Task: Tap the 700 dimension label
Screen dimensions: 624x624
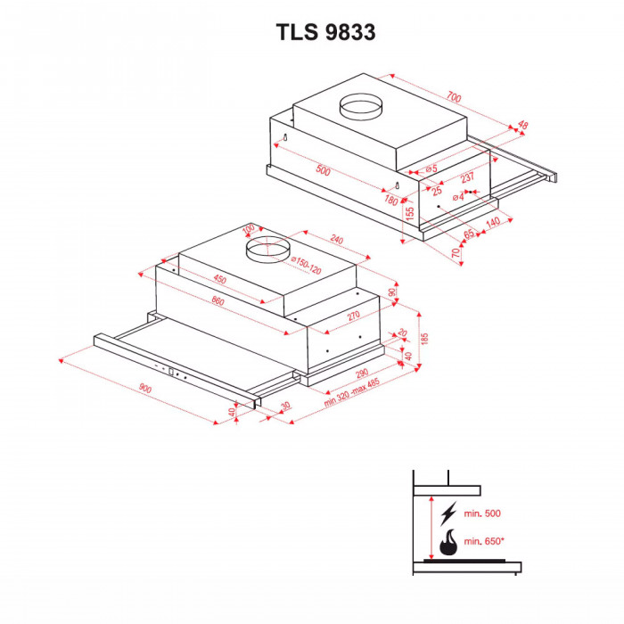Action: point(455,96)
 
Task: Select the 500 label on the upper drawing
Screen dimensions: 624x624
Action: point(323,171)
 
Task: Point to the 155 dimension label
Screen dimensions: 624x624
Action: point(410,215)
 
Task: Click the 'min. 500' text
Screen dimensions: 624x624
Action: point(482,513)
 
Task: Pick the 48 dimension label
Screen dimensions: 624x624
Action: point(522,126)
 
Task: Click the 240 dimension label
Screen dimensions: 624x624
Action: point(335,240)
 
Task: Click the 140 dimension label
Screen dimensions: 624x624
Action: point(492,223)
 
